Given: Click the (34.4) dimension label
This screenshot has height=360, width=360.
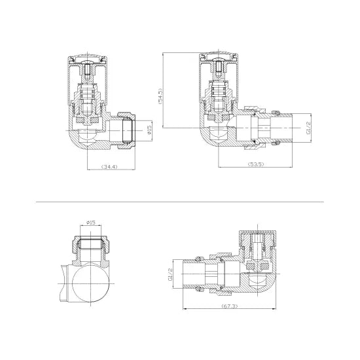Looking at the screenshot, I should [109, 168].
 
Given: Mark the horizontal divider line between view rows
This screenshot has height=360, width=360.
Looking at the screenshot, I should [180, 202].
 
